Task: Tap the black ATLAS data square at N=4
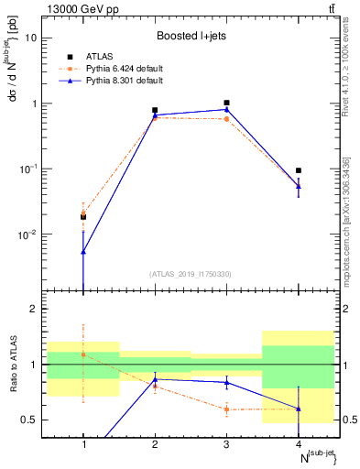coord(299,170)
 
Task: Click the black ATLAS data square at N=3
coord(226,103)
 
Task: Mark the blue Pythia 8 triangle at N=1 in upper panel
coord(83,252)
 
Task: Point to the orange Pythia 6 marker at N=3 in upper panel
coord(226,119)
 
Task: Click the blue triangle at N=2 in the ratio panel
coord(155,379)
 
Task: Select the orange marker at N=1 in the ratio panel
coord(83,354)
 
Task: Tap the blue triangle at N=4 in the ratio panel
coord(299,409)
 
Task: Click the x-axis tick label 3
coord(226,443)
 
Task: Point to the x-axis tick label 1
coord(83,443)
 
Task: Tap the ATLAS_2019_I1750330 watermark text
coord(191,273)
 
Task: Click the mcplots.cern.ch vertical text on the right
coord(345,229)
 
